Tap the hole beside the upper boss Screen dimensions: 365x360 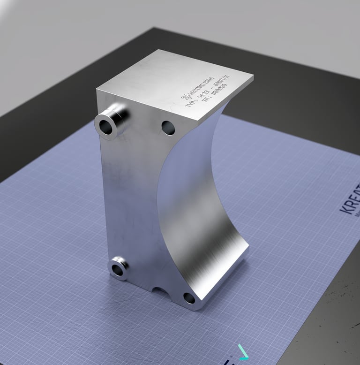click(x=168, y=127)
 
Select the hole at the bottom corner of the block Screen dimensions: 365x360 click(x=189, y=298)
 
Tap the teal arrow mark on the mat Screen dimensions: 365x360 click(x=243, y=352)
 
